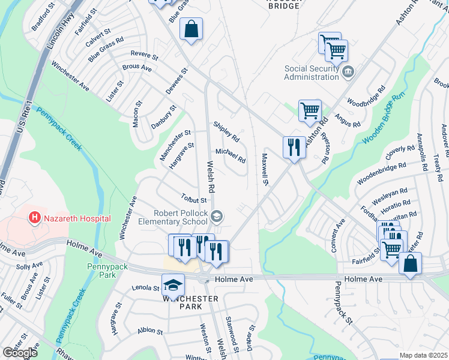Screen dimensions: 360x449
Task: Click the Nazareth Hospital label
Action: [x=77, y=218]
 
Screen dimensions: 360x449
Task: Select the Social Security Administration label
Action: [x=312, y=73]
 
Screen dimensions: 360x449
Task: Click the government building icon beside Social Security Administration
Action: [x=348, y=73]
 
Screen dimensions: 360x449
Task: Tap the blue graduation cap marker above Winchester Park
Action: [x=173, y=284]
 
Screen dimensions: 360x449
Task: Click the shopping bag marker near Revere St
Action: [x=191, y=29]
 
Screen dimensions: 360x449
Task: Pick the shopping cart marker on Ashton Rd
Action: [x=310, y=110]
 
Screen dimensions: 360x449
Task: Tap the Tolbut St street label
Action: [x=194, y=199]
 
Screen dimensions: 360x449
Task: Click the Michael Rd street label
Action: [x=231, y=156]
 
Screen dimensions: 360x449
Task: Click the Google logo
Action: [x=19, y=352]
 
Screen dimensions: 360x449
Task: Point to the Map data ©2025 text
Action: [x=423, y=355]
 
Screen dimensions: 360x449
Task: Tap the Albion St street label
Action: [x=149, y=331]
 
